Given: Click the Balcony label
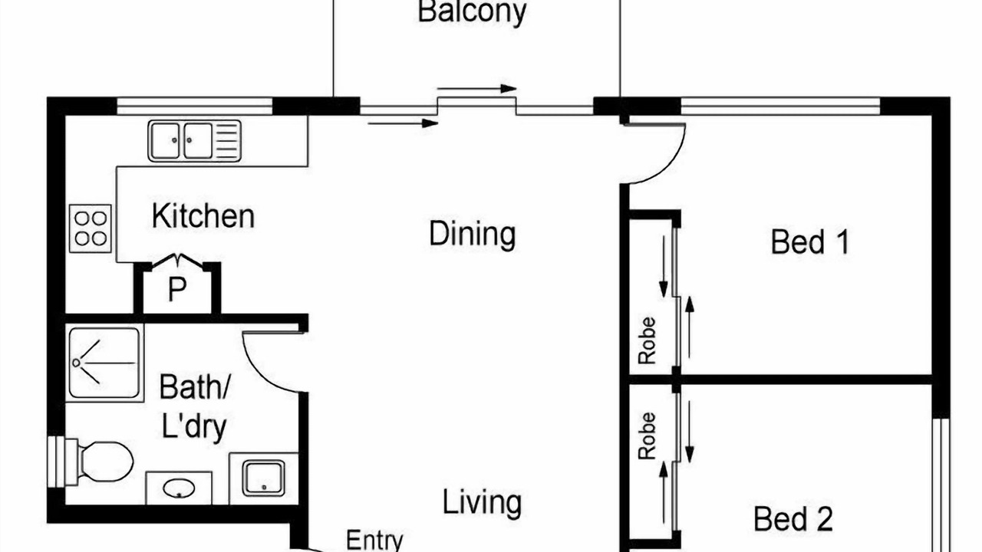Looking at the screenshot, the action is pos(472,12).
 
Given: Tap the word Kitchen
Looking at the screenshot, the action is pos(203,216).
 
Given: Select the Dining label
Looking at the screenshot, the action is pos(472,235).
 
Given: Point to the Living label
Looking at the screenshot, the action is pos(482,503).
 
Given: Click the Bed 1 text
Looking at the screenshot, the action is pos(810,242).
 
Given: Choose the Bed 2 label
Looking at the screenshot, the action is pos(793,519).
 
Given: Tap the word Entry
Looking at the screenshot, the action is pos(374,540).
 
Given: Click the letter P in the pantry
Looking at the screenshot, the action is pos(177,289).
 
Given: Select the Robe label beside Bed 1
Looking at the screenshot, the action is pos(647,341).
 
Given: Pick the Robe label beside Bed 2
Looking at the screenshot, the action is pos(647,436).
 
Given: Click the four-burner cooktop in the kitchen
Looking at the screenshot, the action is pos(91,228).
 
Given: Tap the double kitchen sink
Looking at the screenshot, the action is pos(195,141).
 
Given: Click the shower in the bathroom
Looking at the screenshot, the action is pos(104,363).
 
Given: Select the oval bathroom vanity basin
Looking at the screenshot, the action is pos(179,488).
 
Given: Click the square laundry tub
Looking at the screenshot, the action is pos(263,478).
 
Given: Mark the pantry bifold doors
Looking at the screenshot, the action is pos(177,260).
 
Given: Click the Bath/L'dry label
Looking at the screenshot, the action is pos(194,406).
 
